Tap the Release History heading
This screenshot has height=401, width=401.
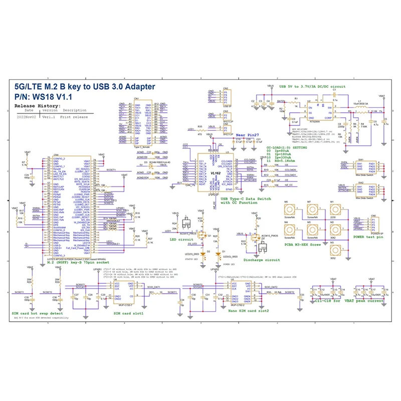pos(38,106)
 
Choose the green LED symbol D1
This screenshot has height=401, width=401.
pos(219,254)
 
